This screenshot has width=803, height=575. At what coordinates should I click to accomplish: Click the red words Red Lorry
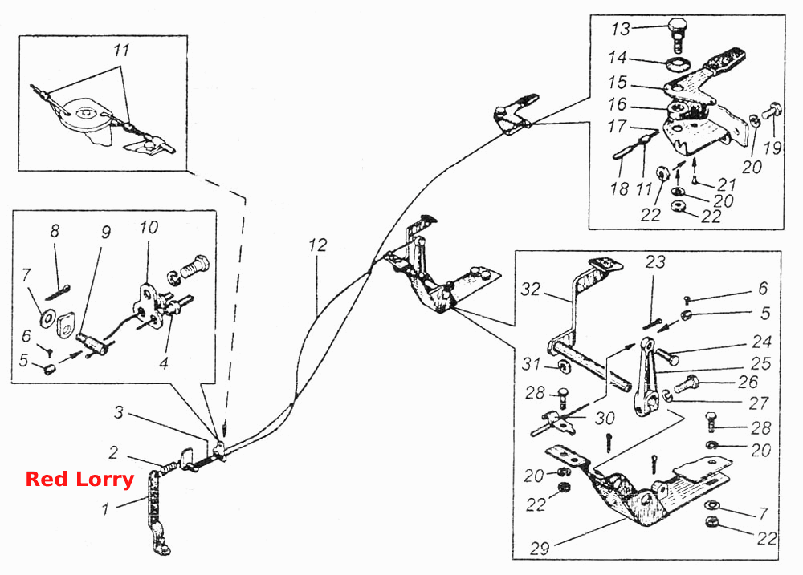(x=79, y=480)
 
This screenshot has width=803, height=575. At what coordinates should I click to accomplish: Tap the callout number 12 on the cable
(x=317, y=245)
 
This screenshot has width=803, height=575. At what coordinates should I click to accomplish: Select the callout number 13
(x=620, y=29)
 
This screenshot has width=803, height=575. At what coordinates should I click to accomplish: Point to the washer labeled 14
(x=679, y=65)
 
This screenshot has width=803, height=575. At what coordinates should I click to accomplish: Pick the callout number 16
(x=617, y=104)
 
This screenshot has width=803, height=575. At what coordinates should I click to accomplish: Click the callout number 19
(x=772, y=148)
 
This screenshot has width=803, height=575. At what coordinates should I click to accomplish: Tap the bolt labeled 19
(x=771, y=110)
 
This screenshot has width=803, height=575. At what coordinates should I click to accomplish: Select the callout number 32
(x=531, y=289)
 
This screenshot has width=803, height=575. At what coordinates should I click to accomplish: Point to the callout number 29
(x=540, y=549)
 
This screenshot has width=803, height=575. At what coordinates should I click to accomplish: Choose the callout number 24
(x=762, y=342)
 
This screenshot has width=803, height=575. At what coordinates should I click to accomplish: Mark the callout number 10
(x=149, y=227)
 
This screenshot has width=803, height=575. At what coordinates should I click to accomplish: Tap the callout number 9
(x=105, y=233)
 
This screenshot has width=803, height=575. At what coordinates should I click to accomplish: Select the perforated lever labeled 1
(x=156, y=509)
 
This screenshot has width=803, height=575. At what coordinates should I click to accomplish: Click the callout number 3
(x=118, y=412)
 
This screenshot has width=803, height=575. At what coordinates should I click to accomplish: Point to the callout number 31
(x=531, y=364)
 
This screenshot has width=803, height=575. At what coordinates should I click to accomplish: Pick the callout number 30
(x=605, y=419)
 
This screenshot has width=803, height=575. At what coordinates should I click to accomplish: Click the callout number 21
(x=727, y=184)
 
